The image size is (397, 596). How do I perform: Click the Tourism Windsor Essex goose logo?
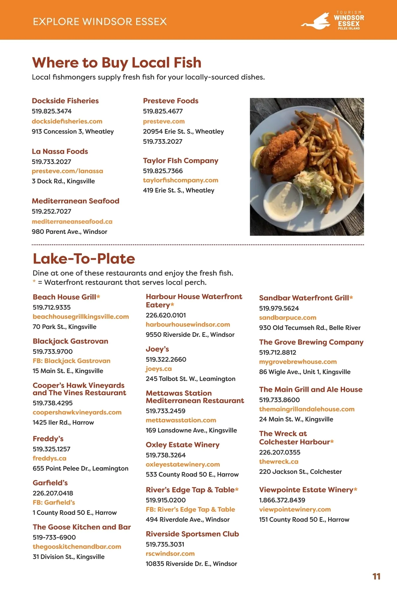click(316, 22)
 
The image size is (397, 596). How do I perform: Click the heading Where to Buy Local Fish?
click(116, 63)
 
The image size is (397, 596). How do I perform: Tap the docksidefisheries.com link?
click(67, 121)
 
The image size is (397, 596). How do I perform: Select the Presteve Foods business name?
click(170, 101)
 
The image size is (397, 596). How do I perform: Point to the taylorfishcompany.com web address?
click(180, 180)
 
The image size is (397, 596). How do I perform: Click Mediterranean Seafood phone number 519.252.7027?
click(51, 211)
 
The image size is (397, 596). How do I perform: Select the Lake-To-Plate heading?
click(84, 259)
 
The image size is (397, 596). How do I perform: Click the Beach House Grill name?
click(64, 297)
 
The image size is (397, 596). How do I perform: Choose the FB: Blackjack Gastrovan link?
click(71, 361)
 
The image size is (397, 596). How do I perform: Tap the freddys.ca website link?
click(49, 459)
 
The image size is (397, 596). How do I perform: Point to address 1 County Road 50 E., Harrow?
click(74, 513)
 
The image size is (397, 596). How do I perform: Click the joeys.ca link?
click(158, 369)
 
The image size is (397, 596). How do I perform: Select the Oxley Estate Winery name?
click(182, 445)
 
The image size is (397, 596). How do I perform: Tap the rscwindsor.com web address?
click(170, 554)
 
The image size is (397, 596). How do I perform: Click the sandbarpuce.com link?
click(287, 318)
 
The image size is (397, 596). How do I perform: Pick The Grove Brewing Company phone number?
click(278, 352)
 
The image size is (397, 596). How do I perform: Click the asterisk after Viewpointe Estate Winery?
click(355, 489)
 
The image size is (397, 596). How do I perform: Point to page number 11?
click(376, 576)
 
